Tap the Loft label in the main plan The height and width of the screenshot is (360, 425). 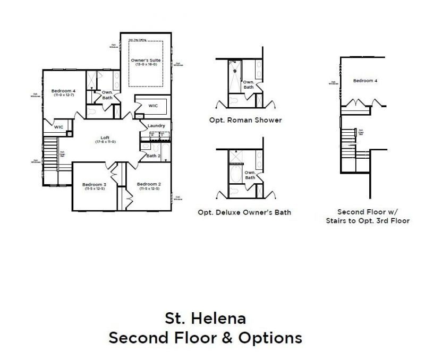point(105,138)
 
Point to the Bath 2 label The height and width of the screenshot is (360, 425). point(153,156)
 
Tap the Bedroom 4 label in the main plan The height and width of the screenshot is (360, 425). point(63,91)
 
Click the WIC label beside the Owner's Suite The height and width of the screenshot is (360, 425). point(153,106)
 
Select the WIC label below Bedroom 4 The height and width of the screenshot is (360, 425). point(58,127)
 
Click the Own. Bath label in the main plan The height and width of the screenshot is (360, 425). point(107,95)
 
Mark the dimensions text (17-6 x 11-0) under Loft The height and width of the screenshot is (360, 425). point(105,142)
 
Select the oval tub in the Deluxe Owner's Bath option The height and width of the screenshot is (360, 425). point(235,175)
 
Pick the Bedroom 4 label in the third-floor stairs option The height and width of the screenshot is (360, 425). point(365,81)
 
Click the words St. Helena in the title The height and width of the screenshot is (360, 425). point(205,319)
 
